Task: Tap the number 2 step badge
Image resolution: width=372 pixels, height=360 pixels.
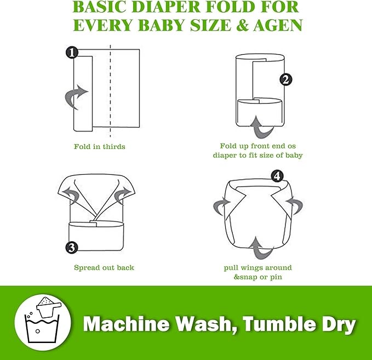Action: pos(285,79)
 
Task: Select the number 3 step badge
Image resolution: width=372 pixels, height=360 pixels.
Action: pos(71,248)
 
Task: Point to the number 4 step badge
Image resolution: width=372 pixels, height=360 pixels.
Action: pos(278,176)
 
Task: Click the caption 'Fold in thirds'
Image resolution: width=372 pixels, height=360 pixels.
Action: pos(100,146)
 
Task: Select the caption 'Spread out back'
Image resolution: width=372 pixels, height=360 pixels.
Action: pos(104,267)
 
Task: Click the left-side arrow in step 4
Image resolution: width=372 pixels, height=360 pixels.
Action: pos(220,205)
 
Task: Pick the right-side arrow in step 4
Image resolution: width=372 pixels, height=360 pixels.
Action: pos(300,205)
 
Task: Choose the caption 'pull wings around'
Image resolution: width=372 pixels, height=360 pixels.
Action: pos(257,267)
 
